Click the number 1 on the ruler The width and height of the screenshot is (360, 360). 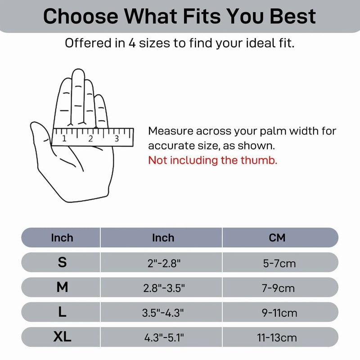tap(64, 139)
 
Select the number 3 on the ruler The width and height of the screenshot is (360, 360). tap(116, 139)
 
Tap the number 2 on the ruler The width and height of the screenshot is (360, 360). tap(90, 139)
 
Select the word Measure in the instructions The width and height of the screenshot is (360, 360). tap(168, 131)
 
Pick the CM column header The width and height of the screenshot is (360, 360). tap(277, 238)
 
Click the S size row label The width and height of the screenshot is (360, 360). tap(62, 262)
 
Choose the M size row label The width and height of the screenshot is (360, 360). tap(62, 287)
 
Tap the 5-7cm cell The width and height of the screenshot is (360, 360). tap(279, 263)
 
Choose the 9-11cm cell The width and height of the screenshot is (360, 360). tap(279, 313)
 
